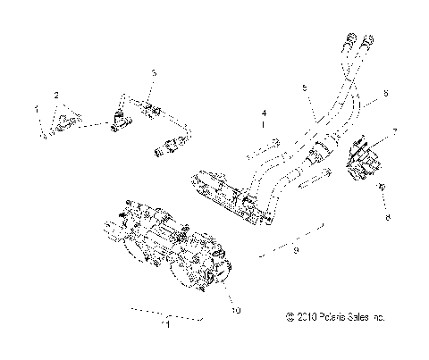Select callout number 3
[x=153, y=72]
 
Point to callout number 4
[x=263, y=114]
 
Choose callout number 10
[x=236, y=311]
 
